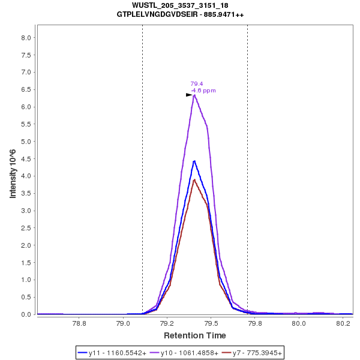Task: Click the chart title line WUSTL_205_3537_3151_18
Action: click(x=180, y=5)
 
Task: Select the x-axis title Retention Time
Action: click(x=194, y=335)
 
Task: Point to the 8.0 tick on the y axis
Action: click(x=26, y=38)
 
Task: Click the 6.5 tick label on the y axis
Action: click(x=26, y=90)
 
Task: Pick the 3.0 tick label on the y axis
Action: click(x=26, y=211)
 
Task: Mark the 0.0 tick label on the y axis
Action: click(x=26, y=314)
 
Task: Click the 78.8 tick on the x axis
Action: click(x=79, y=323)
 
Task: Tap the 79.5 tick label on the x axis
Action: click(x=211, y=323)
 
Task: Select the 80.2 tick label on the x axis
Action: click(x=343, y=323)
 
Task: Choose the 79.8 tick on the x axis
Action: click(x=255, y=323)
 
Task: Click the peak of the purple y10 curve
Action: click(x=194, y=95)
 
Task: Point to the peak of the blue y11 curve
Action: click(x=194, y=161)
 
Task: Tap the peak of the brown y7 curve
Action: click(x=194, y=179)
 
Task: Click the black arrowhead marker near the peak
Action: click(x=189, y=95)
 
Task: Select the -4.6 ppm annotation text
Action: click(x=203, y=91)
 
